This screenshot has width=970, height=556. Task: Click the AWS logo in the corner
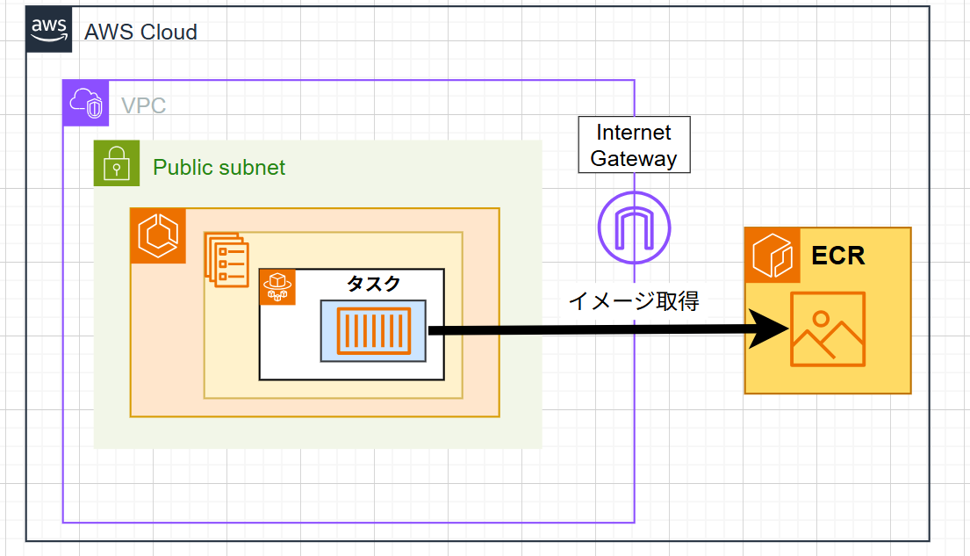48,29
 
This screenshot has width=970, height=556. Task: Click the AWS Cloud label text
140,32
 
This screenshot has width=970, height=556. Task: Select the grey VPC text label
143,106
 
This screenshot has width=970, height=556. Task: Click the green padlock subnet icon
117,163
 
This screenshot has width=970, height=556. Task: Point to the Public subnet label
219,167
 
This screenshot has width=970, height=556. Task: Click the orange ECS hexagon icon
158,235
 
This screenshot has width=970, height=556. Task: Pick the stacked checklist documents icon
227,258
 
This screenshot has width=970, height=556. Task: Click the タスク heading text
374,283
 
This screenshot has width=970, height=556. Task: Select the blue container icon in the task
373,330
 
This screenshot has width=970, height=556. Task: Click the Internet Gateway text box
634,145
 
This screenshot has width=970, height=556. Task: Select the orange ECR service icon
772,255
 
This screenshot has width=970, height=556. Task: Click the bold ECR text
837,256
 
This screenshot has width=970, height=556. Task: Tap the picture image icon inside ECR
827,329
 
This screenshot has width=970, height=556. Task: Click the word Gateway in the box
634,158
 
